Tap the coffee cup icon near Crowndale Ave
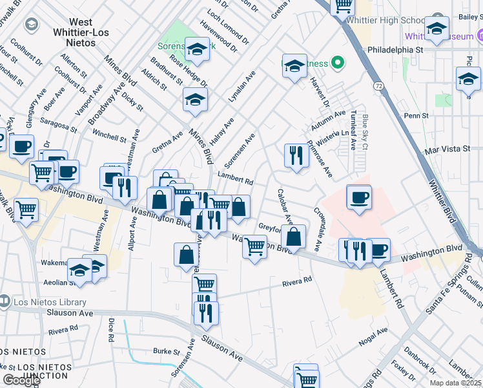coord(359,197)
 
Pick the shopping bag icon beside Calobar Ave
coord(294,237)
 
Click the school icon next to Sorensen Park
coord(196,48)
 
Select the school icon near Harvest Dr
coord(294,65)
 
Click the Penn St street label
coord(416,116)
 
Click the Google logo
coord(21,380)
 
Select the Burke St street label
coord(166,352)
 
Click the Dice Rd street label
coord(111,330)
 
